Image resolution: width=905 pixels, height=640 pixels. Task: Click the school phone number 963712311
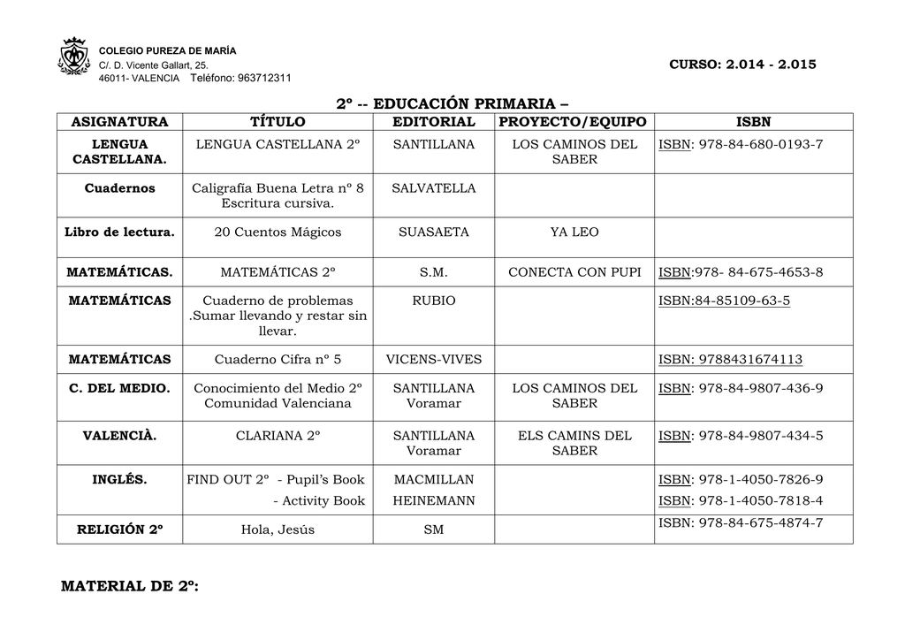click(x=264, y=78)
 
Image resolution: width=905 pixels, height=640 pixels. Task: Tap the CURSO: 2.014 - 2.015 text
click(x=742, y=65)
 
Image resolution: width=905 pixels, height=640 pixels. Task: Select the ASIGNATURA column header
click(x=119, y=121)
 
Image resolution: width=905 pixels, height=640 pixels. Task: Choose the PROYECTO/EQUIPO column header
click(x=574, y=121)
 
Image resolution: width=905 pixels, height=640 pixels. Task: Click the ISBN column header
click(x=753, y=121)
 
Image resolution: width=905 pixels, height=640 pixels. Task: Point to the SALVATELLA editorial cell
click(x=433, y=188)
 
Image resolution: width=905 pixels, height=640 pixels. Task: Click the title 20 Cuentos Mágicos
click(x=278, y=232)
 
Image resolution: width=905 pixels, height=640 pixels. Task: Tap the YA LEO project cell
click(x=574, y=232)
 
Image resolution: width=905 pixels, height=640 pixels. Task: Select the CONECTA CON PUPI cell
click(x=574, y=271)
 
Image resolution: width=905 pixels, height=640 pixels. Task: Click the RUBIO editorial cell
click(x=433, y=301)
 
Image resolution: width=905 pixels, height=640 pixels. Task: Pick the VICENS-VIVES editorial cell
click(x=433, y=359)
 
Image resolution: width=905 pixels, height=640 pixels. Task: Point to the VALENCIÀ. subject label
click(x=119, y=435)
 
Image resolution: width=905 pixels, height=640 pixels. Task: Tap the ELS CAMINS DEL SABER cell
click(x=574, y=443)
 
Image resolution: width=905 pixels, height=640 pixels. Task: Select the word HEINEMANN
click(x=433, y=500)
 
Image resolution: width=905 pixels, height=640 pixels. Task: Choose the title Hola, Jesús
click(x=278, y=530)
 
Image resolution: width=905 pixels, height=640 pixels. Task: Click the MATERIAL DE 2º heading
click(x=129, y=586)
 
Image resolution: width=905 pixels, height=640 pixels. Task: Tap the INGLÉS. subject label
click(x=119, y=479)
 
